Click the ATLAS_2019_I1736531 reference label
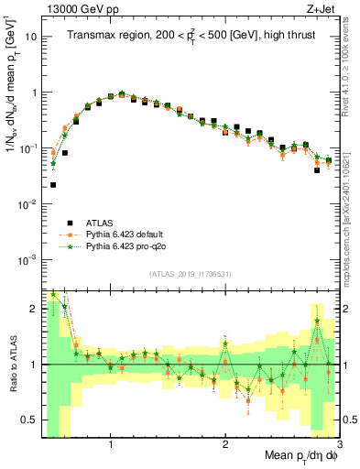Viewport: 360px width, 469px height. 191,274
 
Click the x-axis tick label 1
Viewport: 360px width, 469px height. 111,443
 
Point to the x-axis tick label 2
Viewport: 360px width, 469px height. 225,443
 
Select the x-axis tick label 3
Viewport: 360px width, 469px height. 339,443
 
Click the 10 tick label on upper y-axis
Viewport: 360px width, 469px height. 31,38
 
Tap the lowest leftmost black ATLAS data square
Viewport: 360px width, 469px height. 53,184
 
